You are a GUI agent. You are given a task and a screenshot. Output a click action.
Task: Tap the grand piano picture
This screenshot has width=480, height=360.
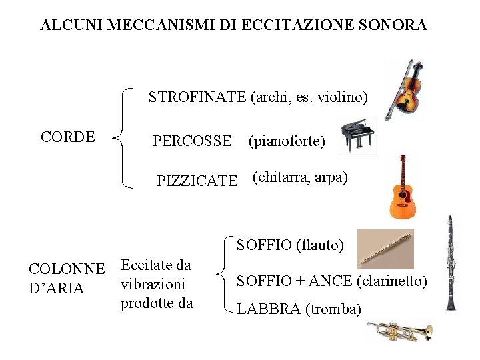pos(357,137)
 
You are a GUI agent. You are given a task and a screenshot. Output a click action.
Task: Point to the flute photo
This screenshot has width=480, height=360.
pos(385,249)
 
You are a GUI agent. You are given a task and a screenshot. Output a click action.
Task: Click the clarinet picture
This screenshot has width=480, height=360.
pos(451,263)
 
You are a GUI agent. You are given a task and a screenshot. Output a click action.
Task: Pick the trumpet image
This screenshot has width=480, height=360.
pos(399,331)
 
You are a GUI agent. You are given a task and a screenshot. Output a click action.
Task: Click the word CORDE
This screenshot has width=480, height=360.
pos(68,137)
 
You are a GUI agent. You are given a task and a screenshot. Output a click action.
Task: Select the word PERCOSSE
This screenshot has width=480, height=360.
pos(192,141)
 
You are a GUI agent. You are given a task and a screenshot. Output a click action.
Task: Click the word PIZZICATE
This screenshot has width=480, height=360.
pos(197,181)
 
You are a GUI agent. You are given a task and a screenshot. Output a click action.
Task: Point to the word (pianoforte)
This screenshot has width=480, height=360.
pos(287,141)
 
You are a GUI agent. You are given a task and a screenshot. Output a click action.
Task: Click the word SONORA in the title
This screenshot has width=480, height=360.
pos(393,25)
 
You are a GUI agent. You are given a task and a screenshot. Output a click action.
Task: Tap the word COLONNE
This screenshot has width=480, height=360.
pos(67,270)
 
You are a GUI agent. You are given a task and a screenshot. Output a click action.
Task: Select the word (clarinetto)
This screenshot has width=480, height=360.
pos(392,281)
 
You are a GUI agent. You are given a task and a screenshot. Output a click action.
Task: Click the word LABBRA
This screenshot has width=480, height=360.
pos(264,309)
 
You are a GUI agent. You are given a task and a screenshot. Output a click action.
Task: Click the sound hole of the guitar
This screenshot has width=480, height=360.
pos(404,195)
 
